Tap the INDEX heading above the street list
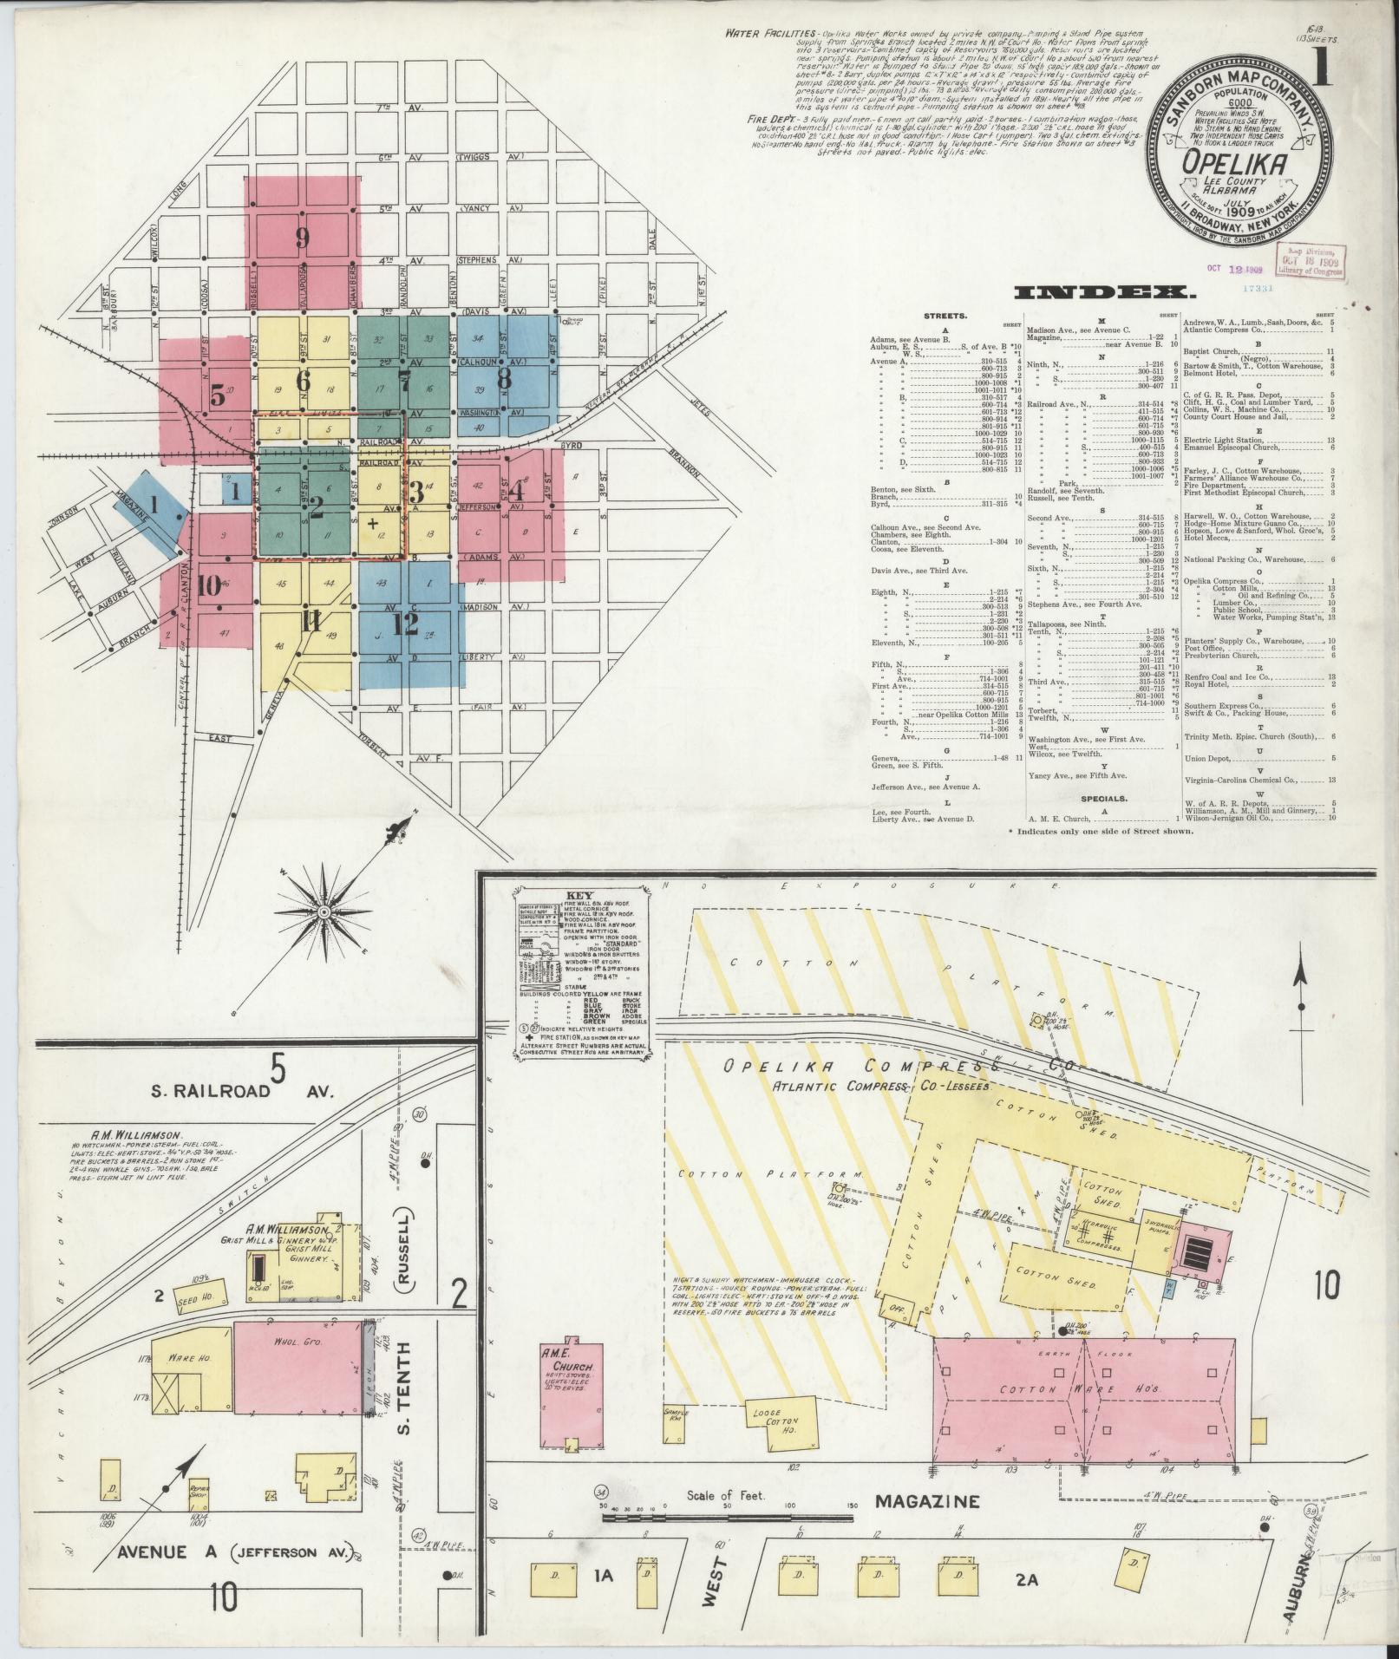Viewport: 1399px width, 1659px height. point(1099,293)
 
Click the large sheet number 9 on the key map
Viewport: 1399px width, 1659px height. point(302,238)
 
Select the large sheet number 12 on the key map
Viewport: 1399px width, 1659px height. point(404,623)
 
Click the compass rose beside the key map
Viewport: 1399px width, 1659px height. point(324,912)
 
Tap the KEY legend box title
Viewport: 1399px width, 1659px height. point(577,893)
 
